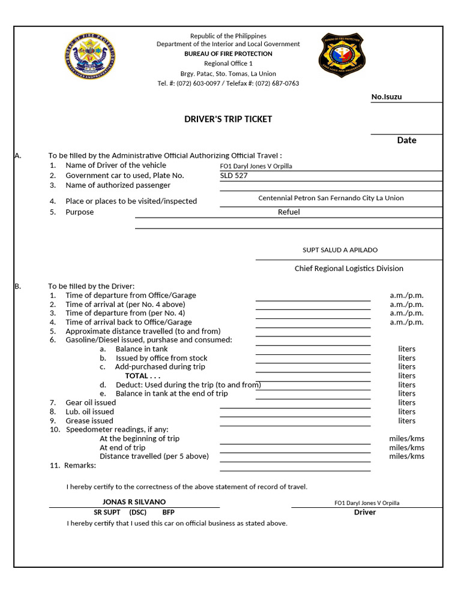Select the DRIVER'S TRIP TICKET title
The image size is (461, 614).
227,119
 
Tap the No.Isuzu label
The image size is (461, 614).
387,97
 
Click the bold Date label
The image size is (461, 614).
406,140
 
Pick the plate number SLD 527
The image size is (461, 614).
234,176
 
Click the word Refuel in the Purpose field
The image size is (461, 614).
289,212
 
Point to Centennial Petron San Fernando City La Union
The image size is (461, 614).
331,198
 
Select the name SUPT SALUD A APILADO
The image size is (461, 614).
340,250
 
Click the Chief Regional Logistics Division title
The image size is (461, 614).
349,269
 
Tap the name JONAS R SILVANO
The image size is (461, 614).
134,502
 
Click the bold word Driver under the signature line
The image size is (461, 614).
365,513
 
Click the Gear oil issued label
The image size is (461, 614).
91,403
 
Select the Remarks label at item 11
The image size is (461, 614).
80,465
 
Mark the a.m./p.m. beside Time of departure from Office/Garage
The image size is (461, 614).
406,296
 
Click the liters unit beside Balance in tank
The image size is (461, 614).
406,349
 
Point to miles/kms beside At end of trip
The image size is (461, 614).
406,447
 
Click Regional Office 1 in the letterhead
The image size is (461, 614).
228,64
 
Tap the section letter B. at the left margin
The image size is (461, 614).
17,287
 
